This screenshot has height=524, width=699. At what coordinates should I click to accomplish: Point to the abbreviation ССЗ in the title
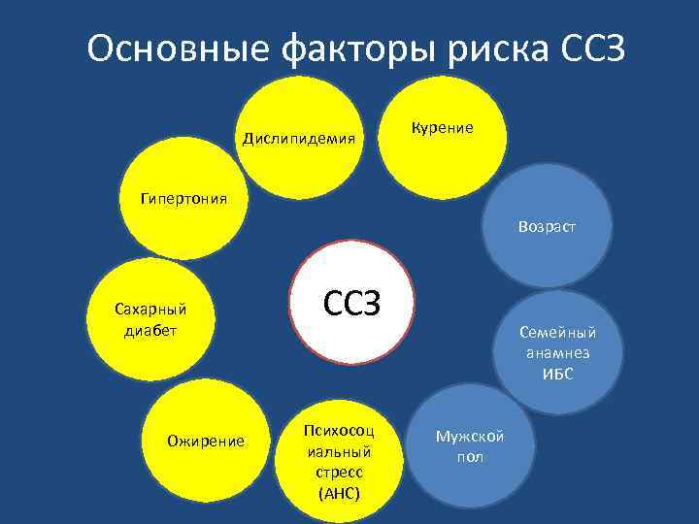click(x=591, y=48)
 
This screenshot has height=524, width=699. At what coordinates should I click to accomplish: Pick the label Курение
click(x=443, y=127)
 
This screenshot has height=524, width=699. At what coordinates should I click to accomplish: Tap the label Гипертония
click(x=183, y=199)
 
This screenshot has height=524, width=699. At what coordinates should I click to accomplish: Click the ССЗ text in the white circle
click(x=351, y=305)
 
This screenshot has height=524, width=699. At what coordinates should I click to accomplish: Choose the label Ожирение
click(x=205, y=441)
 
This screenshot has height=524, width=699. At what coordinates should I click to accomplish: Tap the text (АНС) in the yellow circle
click(x=339, y=494)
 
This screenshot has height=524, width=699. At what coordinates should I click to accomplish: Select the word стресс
click(x=339, y=473)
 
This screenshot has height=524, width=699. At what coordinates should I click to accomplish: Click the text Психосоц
click(x=339, y=430)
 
